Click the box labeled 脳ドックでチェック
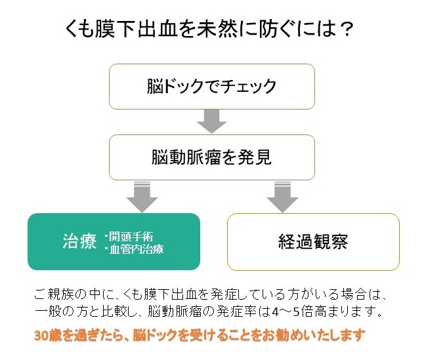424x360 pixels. (x=211, y=86)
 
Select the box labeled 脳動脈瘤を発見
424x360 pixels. (x=211, y=158)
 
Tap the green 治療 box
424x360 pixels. (x=113, y=241)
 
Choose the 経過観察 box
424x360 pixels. (x=313, y=241)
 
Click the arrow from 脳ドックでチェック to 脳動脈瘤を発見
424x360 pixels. (x=211, y=121)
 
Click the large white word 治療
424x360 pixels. (x=79, y=241)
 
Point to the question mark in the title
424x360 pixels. (x=348, y=29)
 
